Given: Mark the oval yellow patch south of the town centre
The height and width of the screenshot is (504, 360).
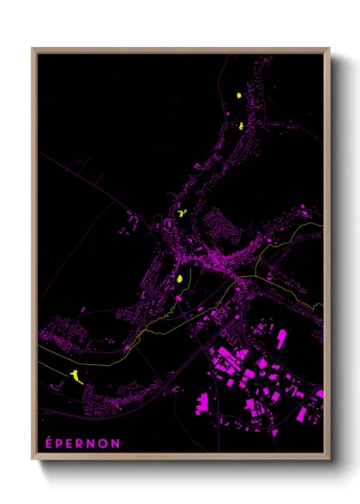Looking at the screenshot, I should [x=181, y=278].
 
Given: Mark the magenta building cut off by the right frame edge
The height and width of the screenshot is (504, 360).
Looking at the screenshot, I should [x=320, y=395].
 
